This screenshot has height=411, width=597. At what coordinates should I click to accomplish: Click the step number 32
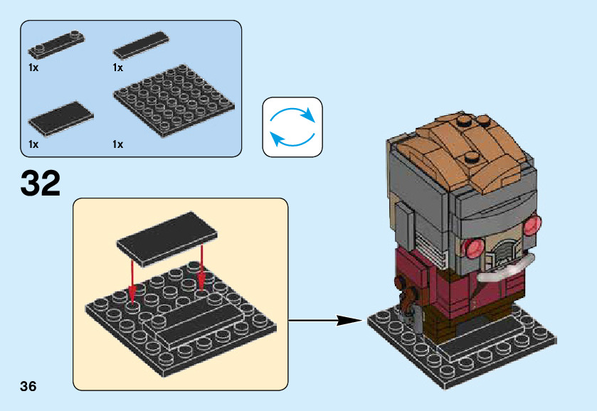pyautogui.click(x=41, y=183)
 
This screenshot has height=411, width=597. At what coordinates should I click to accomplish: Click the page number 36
pyautogui.click(x=28, y=386)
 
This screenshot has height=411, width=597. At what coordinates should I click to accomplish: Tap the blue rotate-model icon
pyautogui.click(x=292, y=127)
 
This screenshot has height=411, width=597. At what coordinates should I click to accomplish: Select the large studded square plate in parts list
pyautogui.click(x=174, y=100)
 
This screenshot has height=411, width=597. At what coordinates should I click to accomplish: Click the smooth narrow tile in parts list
pyautogui.click(x=142, y=46)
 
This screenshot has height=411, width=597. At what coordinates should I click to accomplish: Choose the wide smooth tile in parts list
pyautogui.click(x=61, y=119)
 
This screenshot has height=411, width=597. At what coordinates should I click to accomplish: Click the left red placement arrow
pyautogui.click(x=132, y=282)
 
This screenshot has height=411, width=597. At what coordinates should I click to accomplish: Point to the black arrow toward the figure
pyautogui.click(x=326, y=321)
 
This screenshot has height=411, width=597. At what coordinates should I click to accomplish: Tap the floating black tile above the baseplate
pyautogui.click(x=167, y=239)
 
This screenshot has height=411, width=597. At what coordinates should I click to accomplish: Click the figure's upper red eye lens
pyautogui.click(x=532, y=225)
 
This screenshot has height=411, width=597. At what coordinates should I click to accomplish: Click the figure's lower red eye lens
pyautogui.click(x=473, y=249)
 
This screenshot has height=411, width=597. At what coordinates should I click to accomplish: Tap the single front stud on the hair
pyautogui.click(x=471, y=156)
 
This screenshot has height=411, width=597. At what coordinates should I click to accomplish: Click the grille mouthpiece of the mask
pyautogui.click(x=502, y=253)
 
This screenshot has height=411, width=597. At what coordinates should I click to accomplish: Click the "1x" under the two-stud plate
pyautogui.click(x=33, y=68)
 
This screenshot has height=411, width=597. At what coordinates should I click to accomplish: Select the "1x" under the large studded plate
pyautogui.click(x=118, y=144)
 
